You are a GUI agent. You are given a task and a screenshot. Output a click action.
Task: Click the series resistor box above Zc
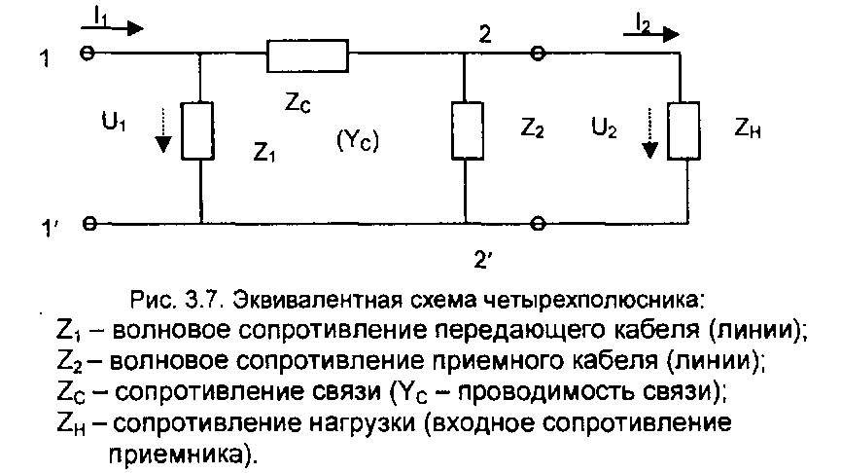pyautogui.click(x=307, y=55)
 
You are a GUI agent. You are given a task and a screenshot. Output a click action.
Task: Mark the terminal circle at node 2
pyautogui.click(x=536, y=55)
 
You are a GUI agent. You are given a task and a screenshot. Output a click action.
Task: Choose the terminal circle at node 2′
pyautogui.click(x=536, y=223)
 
